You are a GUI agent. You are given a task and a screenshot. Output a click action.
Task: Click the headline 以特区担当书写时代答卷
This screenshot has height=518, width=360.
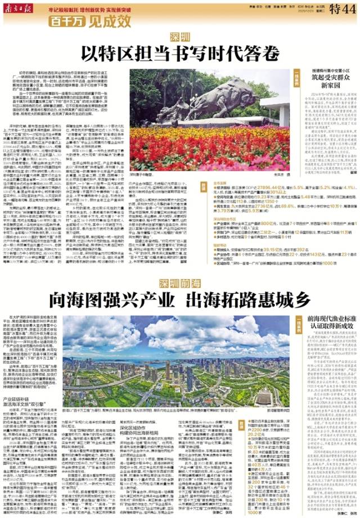180,54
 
